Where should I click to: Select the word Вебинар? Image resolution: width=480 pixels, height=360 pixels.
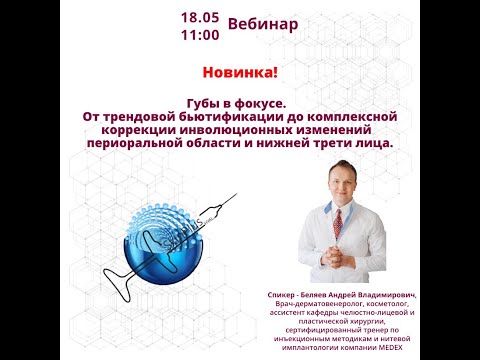tap(263, 24)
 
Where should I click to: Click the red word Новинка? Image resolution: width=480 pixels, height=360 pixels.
tap(239, 74)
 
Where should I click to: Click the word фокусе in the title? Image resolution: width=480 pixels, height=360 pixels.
tap(257, 102)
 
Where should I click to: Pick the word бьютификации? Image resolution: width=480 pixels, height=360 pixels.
tap(217, 116)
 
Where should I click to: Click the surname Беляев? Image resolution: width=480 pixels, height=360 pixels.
tap(329, 295)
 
